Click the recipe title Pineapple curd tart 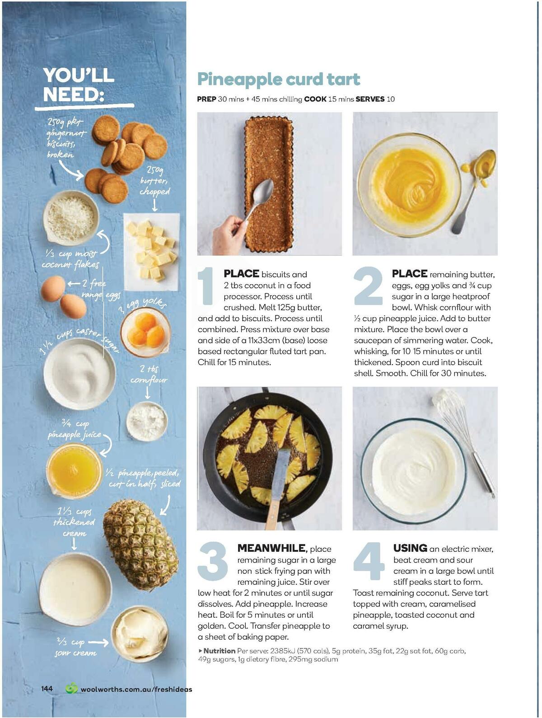[x=278, y=80]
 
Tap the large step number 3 [x=213, y=561]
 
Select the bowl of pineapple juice [x=74, y=469]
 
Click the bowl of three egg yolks [x=145, y=331]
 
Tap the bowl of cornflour [x=147, y=421]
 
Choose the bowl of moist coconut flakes [x=71, y=218]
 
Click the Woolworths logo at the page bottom [x=71, y=689]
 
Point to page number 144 [x=47, y=689]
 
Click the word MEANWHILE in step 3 [x=271, y=548]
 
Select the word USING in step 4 [x=410, y=548]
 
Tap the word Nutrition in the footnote [x=219, y=651]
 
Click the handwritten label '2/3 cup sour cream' [x=75, y=648]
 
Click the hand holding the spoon [x=229, y=234]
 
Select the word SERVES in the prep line [x=370, y=99]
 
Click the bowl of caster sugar [x=79, y=373]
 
